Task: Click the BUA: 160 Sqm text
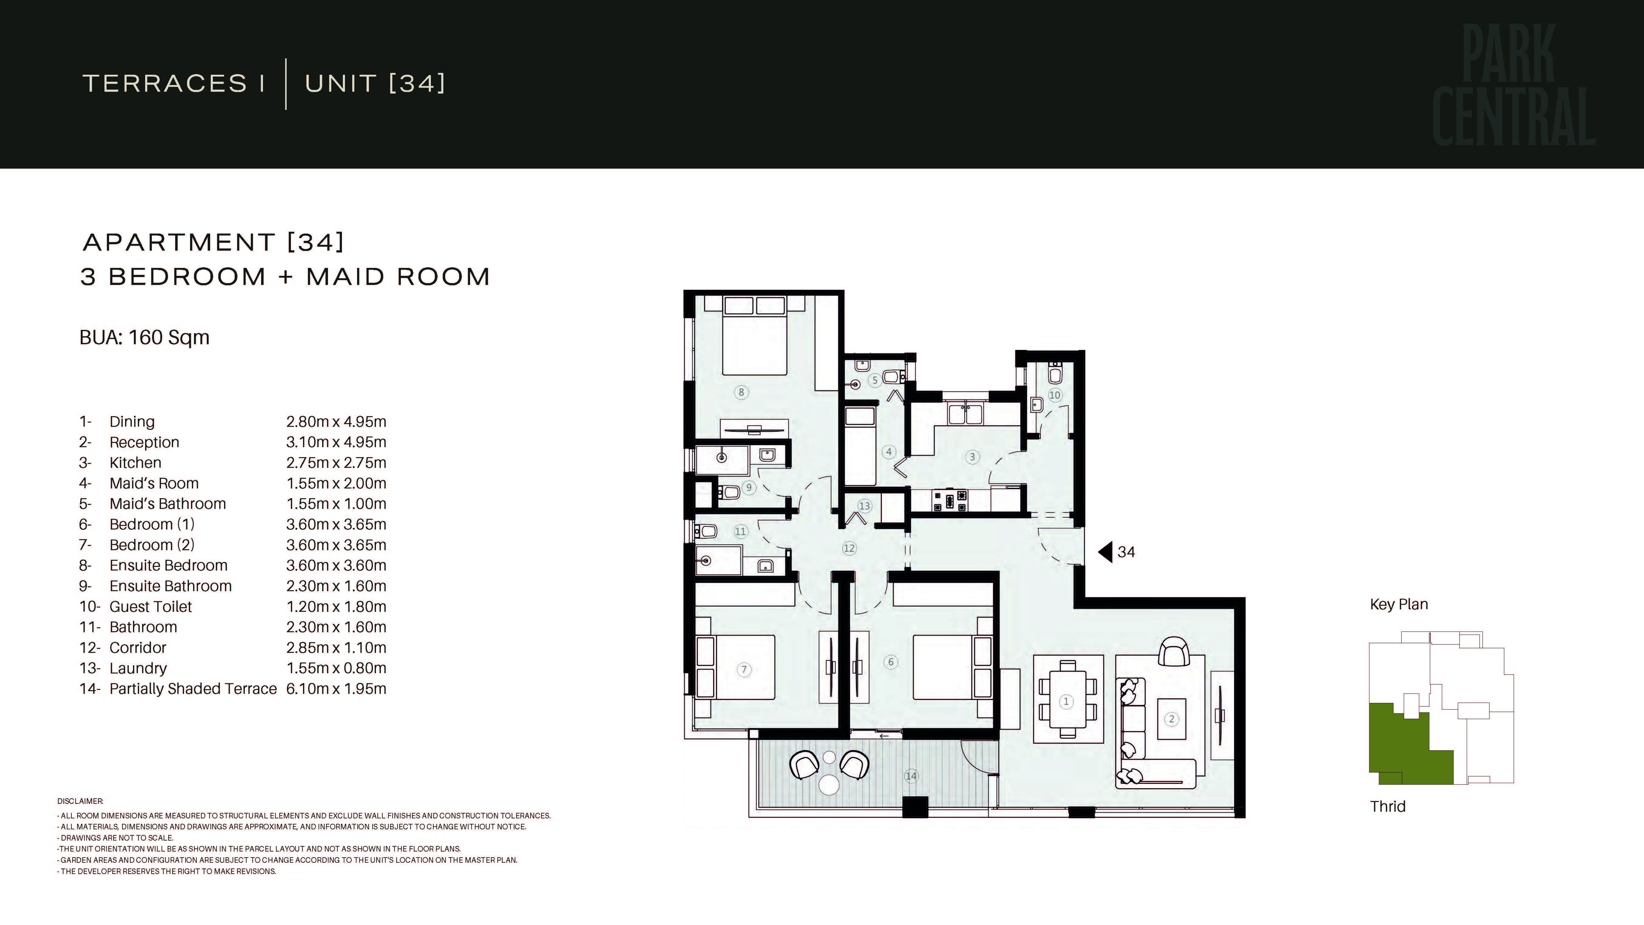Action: coord(144,337)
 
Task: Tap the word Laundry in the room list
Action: coord(138,668)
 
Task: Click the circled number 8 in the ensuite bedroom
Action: coord(741,392)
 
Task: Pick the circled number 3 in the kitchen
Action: coord(972,457)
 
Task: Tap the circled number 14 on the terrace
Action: coord(911,776)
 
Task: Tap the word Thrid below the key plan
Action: coord(1387,806)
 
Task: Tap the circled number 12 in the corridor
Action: coord(849,548)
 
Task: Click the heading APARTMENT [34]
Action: coord(214,242)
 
